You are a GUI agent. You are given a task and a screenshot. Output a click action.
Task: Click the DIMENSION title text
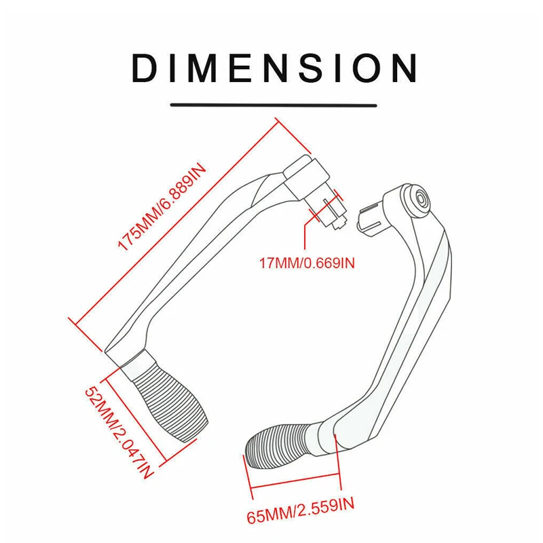coord(274,68)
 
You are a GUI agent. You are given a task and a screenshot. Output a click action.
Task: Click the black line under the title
coord(274,105)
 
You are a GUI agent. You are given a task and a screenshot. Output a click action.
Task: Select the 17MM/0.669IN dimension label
coord(306,262)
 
